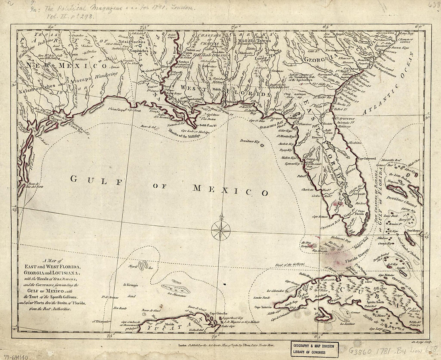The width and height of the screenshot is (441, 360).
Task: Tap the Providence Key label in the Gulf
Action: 250,142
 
